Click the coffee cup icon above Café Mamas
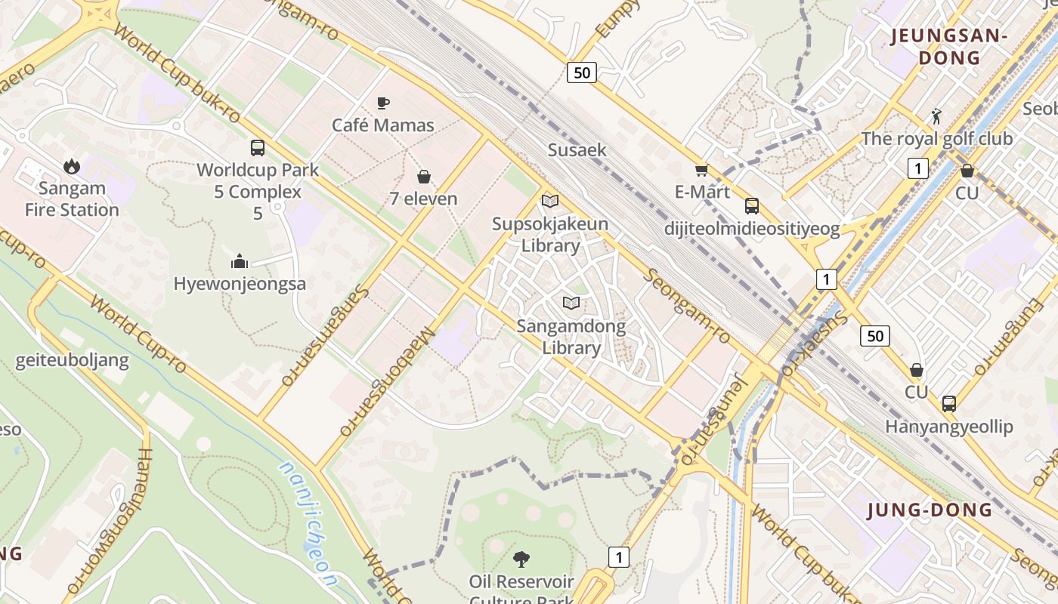(x=383, y=103)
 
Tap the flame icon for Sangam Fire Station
(x=72, y=165)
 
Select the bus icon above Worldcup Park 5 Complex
(x=258, y=147)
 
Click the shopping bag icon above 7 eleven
(x=423, y=177)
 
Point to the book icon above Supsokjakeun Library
(x=550, y=202)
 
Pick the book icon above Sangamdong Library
(x=571, y=304)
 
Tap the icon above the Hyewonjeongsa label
(x=240, y=262)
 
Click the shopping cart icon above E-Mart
(x=702, y=170)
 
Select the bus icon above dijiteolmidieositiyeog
(x=752, y=205)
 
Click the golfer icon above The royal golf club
(x=937, y=116)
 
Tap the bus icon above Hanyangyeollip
(x=949, y=404)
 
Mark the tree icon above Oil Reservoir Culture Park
(x=521, y=559)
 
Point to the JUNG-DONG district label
(x=930, y=510)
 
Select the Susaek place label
(x=577, y=149)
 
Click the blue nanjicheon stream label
(x=308, y=522)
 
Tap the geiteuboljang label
(x=72, y=359)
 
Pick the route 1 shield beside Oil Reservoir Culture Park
(x=618, y=557)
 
